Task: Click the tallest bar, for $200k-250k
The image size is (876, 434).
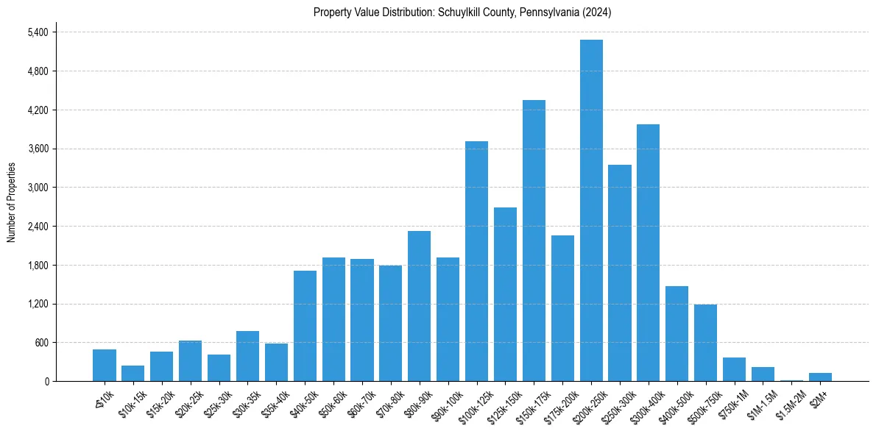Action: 591,210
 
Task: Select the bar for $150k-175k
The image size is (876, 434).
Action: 534,241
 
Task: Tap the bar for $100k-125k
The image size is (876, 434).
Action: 476,261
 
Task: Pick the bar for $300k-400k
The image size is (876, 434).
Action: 648,252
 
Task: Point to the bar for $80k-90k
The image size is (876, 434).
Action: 419,306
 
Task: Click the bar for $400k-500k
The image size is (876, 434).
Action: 677,333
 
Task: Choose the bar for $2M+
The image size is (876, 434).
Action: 820,377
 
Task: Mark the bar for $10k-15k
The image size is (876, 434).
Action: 133,373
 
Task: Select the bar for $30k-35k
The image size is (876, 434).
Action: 247,356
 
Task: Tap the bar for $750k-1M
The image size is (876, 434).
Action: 734,369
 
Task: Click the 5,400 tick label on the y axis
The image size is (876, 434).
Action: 38,32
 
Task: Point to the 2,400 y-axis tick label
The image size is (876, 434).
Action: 38,227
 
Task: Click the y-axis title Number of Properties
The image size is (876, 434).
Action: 11,202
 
